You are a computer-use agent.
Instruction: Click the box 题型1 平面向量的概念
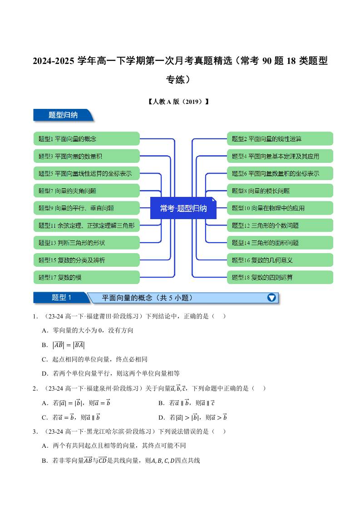pos(86,139)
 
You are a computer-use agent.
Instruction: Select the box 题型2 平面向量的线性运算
pos(280,139)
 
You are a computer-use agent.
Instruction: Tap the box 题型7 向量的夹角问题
pos(86,191)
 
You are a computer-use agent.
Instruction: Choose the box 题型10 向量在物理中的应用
pos(280,208)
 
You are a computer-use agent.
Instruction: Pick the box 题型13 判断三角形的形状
pos(86,243)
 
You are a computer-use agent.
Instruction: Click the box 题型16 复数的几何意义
pos(280,260)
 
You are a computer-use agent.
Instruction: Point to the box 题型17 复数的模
pos(86,277)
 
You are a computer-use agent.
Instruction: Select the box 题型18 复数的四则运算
pos(280,277)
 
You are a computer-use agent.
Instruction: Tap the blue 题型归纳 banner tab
pos(63,115)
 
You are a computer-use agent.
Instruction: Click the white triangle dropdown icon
pos(271,298)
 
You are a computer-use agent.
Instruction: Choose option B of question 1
pos(63,345)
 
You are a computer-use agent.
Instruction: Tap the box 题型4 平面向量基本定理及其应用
pos(280,156)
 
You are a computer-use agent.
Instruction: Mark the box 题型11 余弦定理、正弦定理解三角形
pos(86,225)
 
